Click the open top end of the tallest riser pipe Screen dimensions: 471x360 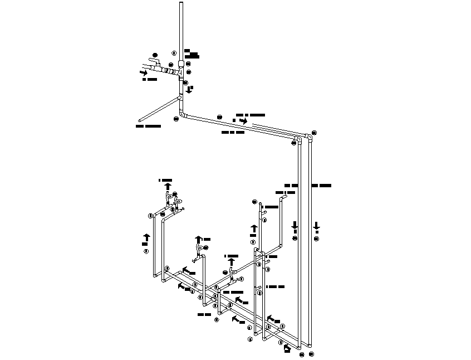point(181,4)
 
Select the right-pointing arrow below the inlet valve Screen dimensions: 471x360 point(144,72)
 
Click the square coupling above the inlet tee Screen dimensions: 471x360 point(181,64)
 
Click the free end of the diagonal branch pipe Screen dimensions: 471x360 point(140,119)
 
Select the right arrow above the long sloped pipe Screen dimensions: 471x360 point(243,120)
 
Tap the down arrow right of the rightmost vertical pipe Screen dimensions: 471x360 point(316,226)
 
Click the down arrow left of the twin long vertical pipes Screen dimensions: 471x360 point(295,226)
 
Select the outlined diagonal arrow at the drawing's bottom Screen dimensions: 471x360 point(287,348)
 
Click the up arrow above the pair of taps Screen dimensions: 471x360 point(168,186)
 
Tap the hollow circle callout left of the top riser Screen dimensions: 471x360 point(174,53)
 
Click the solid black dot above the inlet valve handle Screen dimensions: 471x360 point(155,54)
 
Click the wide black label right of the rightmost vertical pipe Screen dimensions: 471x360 point(321,185)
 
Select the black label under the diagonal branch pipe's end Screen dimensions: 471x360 point(149,126)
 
